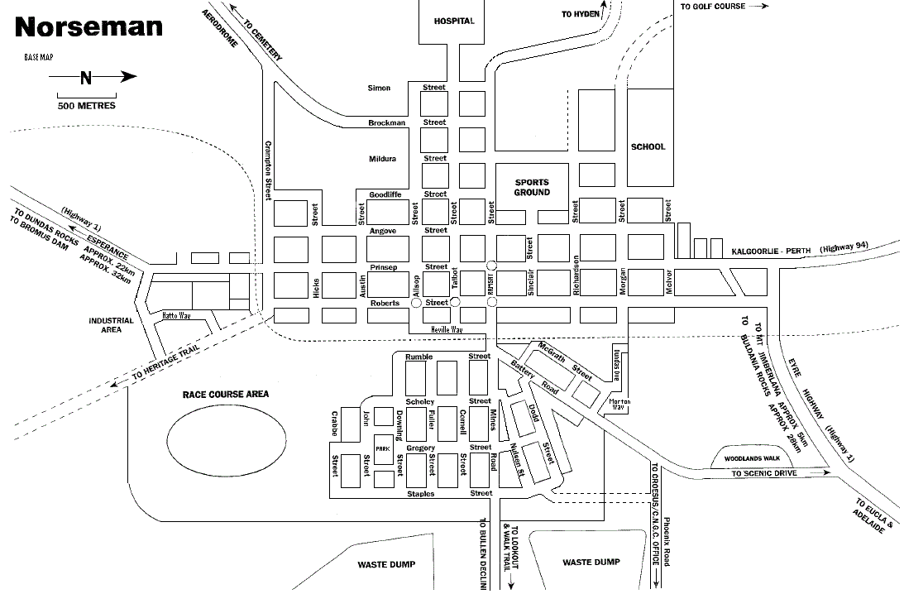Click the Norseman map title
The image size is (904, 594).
(88, 26)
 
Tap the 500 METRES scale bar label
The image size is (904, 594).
(86, 106)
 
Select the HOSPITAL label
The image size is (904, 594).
(455, 21)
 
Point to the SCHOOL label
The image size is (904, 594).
(648, 147)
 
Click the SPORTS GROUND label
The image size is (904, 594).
(532, 187)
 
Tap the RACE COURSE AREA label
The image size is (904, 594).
(226, 395)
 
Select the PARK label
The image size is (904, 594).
(382, 448)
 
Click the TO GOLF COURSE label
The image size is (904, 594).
(712, 7)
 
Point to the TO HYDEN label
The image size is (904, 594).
(580, 14)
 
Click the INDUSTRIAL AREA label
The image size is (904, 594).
(107, 325)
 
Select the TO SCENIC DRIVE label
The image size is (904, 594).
(763, 474)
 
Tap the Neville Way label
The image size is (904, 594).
(445, 329)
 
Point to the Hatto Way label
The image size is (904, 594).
(176, 315)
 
